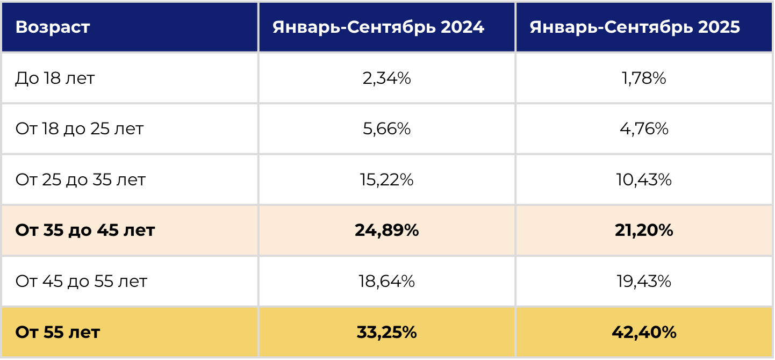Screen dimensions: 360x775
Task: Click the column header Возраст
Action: pos(53,27)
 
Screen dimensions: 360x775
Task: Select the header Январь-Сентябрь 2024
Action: pos(378,27)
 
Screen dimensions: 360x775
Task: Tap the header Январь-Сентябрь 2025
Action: pos(635,27)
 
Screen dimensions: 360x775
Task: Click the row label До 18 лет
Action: pos(55,78)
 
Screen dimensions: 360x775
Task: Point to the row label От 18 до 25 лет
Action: pos(80,129)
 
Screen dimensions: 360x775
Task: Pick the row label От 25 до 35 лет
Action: pos(81,179)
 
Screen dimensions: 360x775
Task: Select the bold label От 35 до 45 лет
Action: pos(85,231)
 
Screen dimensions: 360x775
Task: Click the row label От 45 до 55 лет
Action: pos(81,281)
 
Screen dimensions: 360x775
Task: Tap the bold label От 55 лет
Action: pos(58,332)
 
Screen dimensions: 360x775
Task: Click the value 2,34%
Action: pos(386,78)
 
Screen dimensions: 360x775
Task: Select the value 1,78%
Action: pos(644,78)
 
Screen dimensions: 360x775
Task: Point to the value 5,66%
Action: pos(386,129)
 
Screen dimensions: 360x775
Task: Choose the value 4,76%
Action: pos(644,129)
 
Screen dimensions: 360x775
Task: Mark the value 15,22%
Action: pos(386,179)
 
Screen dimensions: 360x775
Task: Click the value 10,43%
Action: pos(644,179)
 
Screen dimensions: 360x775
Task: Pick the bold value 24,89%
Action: pos(386,231)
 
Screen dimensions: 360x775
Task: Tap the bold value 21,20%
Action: pos(644,231)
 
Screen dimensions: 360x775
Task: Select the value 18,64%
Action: pos(386,281)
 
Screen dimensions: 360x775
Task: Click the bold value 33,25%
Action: pos(386,332)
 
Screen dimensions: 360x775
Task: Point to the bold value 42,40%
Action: pos(644,332)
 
